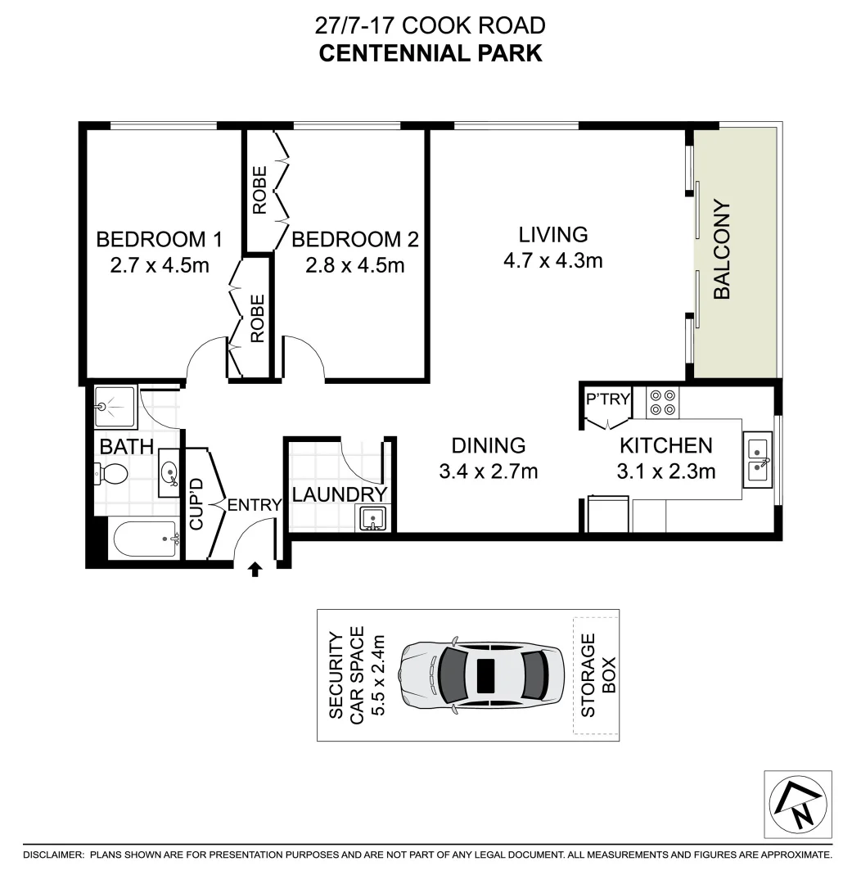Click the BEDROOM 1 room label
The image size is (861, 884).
click(160, 240)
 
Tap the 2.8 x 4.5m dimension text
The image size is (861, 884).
click(355, 265)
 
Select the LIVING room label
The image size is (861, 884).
click(553, 235)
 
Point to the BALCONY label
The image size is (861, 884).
click(721, 250)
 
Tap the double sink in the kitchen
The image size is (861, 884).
click(758, 459)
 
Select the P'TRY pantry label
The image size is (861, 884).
click(608, 399)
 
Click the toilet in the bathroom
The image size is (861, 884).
click(110, 473)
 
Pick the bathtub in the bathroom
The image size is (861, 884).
click(145, 539)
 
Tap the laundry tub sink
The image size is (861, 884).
click(372, 518)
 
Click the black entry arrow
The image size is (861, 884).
click(255, 569)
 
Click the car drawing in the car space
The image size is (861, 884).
click(480, 674)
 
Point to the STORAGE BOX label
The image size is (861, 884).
click(598, 675)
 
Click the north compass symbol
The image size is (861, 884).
click(797, 804)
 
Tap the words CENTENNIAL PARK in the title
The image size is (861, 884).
click(430, 54)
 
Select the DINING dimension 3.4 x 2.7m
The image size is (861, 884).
click(488, 471)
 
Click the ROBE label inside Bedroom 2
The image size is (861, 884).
click(259, 191)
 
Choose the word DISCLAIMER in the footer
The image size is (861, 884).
click(53, 855)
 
